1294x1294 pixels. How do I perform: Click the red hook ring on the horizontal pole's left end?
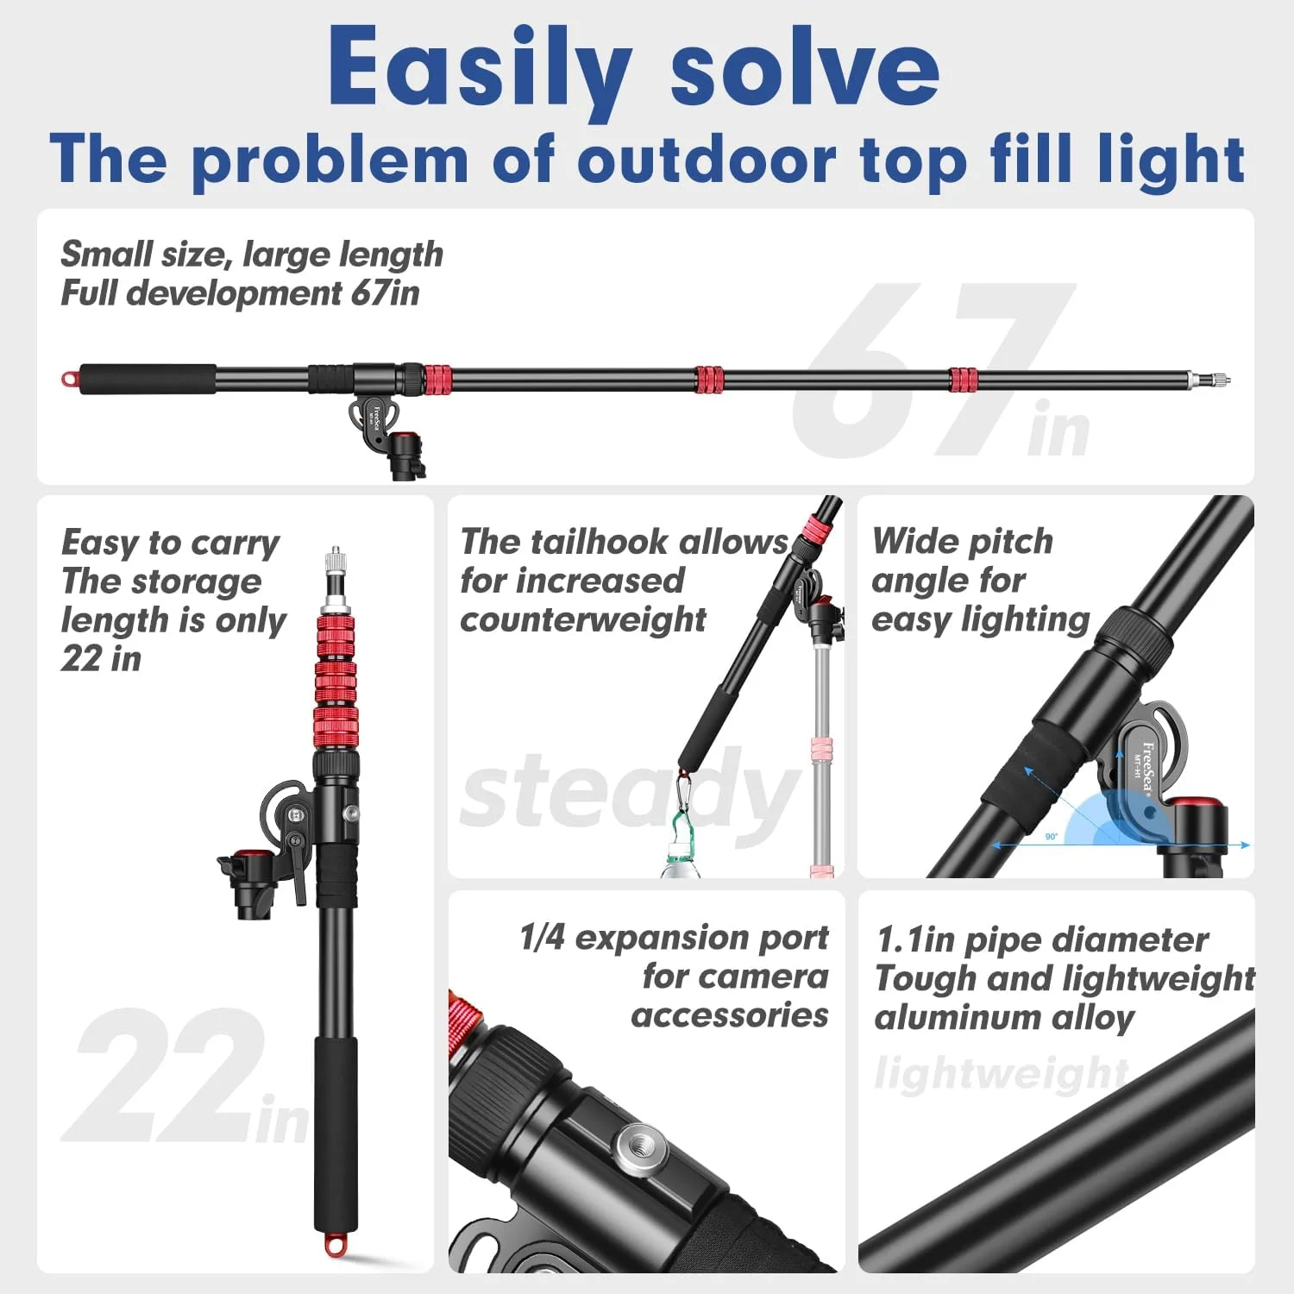pyautogui.click(x=69, y=379)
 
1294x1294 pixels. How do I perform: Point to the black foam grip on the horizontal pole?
pyautogui.click(x=148, y=379)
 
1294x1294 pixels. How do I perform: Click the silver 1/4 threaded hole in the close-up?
pyautogui.click(x=635, y=1147)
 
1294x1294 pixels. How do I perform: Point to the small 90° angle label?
pyautogui.click(x=1051, y=836)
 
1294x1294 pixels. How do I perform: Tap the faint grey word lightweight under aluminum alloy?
pyautogui.click(x=1002, y=1075)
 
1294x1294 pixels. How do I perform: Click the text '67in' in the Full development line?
pyautogui.click(x=385, y=293)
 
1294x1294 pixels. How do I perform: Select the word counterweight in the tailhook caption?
pyautogui.click(x=583, y=619)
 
